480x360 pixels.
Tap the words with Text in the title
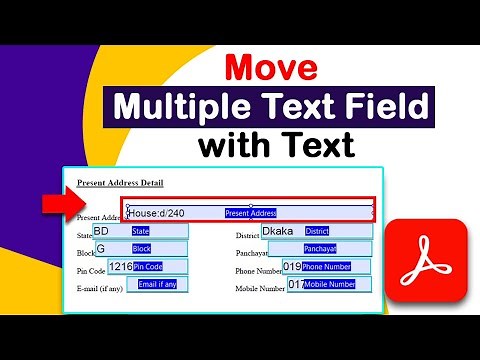point(275,147)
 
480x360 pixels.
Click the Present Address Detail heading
point(120,183)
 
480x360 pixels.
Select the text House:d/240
point(156,213)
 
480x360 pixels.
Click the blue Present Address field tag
point(250,213)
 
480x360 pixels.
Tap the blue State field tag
point(141,231)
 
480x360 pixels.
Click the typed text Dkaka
point(278,231)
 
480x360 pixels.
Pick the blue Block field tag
point(141,248)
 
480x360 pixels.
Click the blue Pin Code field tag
point(148,267)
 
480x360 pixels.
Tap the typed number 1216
point(120,267)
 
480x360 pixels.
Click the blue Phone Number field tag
point(326,267)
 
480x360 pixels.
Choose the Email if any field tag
point(157,285)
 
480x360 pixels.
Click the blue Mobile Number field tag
point(329,285)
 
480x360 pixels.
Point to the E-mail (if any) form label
point(99,288)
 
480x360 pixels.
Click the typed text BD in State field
point(101,230)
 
